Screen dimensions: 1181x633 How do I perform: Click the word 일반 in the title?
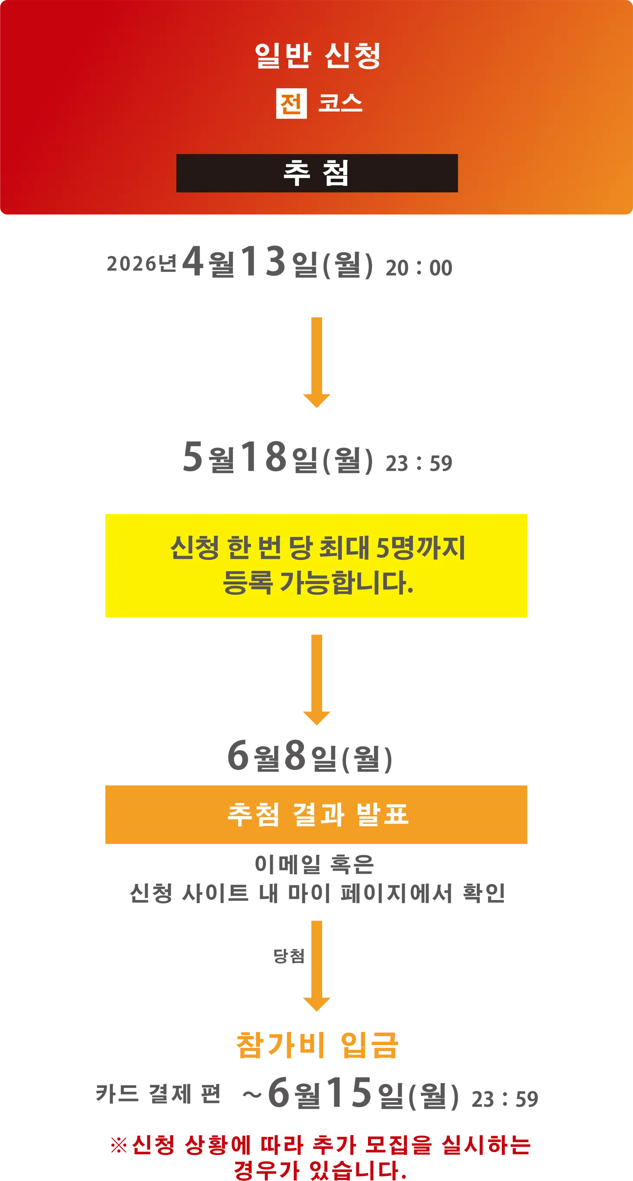(283, 56)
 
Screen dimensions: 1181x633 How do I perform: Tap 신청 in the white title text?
(352, 56)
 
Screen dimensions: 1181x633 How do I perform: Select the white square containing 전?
(291, 103)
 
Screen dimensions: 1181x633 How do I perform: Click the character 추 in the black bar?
(297, 173)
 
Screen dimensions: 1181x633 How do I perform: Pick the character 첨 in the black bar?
(336, 173)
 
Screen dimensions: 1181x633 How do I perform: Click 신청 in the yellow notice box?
(194, 547)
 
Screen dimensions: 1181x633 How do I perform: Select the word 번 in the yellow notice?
(269, 547)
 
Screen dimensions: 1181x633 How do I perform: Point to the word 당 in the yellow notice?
(300, 547)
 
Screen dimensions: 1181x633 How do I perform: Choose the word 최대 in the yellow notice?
(344, 547)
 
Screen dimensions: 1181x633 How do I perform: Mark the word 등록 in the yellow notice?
(248, 582)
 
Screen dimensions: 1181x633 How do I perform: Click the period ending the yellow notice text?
(410, 590)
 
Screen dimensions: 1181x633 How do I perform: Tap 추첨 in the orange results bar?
(253, 814)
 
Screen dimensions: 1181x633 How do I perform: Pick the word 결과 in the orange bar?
(318, 814)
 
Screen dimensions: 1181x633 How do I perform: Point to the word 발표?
(382, 814)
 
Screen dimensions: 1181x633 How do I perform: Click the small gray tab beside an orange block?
(291, 957)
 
